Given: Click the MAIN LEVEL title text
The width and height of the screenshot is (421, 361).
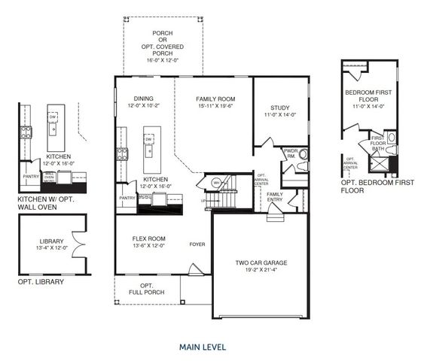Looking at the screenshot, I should [x=202, y=347].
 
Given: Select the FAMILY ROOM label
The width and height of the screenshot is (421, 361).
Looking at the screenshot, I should [x=215, y=99].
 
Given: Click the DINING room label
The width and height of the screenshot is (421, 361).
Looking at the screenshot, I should [x=143, y=99].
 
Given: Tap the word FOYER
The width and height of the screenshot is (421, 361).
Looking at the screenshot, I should [x=197, y=244].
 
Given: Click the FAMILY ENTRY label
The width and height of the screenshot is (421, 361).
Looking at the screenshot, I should [x=275, y=196].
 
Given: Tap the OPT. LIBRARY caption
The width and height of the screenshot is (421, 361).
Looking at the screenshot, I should [x=41, y=282].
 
